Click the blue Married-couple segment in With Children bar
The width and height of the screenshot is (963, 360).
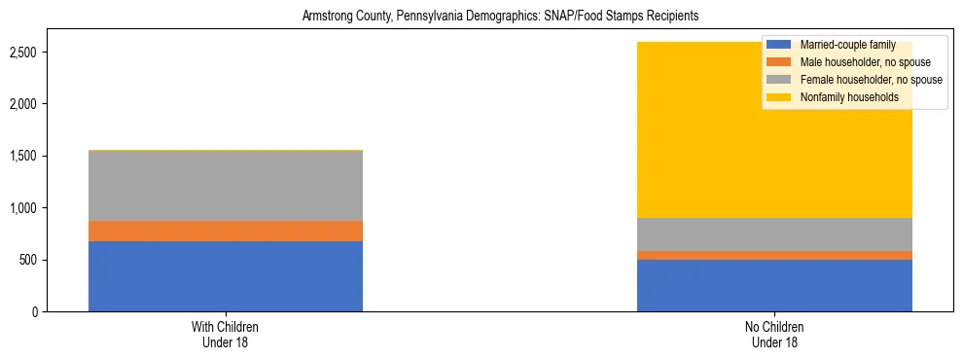coord(226,276)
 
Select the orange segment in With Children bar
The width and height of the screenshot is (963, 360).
coord(226,231)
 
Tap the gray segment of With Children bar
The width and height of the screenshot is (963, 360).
coord(226,186)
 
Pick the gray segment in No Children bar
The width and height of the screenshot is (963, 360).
coord(775,234)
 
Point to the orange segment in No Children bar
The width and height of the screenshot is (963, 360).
coord(775,256)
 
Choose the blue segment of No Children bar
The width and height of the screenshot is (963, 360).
coord(775,286)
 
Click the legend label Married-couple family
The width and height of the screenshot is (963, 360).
coord(842,45)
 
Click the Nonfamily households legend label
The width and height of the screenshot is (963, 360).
coord(842,97)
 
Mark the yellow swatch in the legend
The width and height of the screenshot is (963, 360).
coord(779,97)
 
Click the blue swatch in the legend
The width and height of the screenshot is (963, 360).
coord(779,45)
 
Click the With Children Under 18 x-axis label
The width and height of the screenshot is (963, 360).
coord(226,335)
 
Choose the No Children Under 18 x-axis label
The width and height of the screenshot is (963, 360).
coord(775,335)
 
